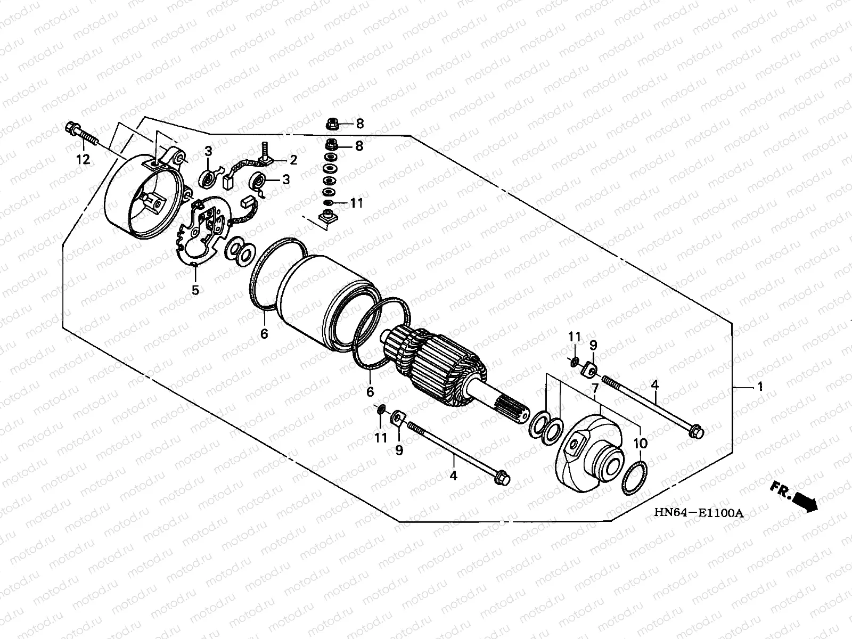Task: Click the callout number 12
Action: [x=84, y=159]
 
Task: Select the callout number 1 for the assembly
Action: [x=760, y=387]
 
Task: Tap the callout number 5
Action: [x=195, y=290]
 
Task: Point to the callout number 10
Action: [x=640, y=443]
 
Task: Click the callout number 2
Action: [x=293, y=159]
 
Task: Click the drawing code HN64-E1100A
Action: [x=698, y=513]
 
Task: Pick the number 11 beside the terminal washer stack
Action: [x=356, y=203]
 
